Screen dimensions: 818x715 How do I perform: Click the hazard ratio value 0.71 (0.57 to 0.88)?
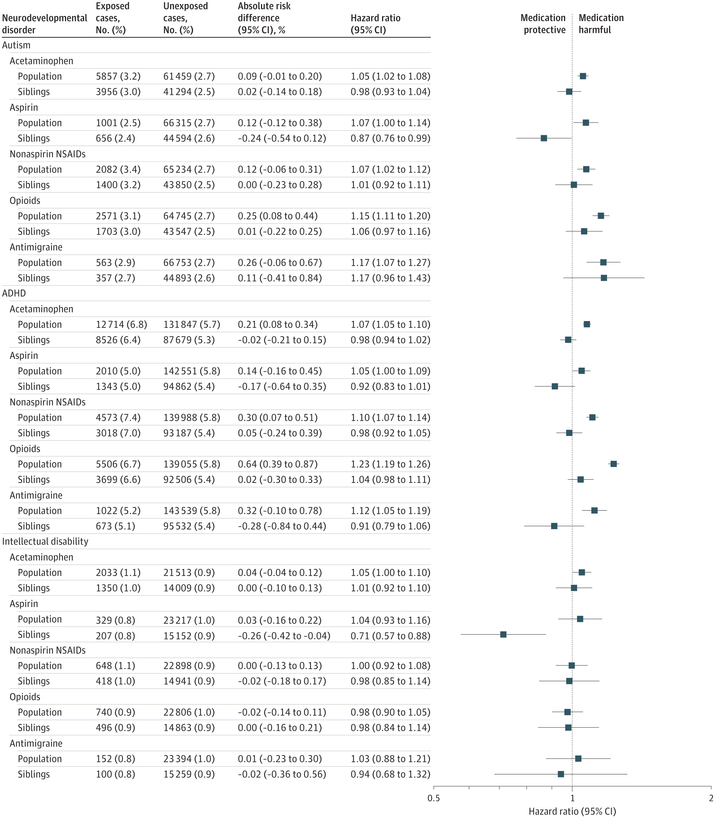click(x=390, y=635)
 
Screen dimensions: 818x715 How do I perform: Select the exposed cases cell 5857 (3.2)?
click(x=118, y=76)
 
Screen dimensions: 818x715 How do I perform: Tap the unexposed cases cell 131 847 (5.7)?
click(x=192, y=324)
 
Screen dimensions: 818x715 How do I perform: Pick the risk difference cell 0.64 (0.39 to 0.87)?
click(x=278, y=464)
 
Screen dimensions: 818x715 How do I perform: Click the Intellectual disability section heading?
click(x=45, y=541)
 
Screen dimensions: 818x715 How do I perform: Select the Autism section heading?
click(x=16, y=45)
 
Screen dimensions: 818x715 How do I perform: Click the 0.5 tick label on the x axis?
click(x=434, y=798)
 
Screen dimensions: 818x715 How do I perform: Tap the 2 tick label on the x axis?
click(x=711, y=798)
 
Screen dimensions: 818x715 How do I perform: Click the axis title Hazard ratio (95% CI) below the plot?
click(x=572, y=811)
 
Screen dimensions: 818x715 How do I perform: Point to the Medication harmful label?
click(x=601, y=24)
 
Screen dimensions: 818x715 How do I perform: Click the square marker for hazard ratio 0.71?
click(x=503, y=634)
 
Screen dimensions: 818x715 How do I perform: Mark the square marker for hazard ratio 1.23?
click(x=613, y=464)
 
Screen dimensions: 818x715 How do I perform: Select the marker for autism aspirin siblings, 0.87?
click(x=544, y=138)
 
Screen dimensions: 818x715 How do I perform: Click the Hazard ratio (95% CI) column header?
click(x=375, y=24)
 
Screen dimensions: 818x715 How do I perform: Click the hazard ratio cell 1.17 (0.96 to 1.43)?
click(x=390, y=278)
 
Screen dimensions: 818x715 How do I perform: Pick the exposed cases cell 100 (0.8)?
click(x=115, y=774)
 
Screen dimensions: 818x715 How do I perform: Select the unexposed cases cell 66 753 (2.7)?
click(x=189, y=262)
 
